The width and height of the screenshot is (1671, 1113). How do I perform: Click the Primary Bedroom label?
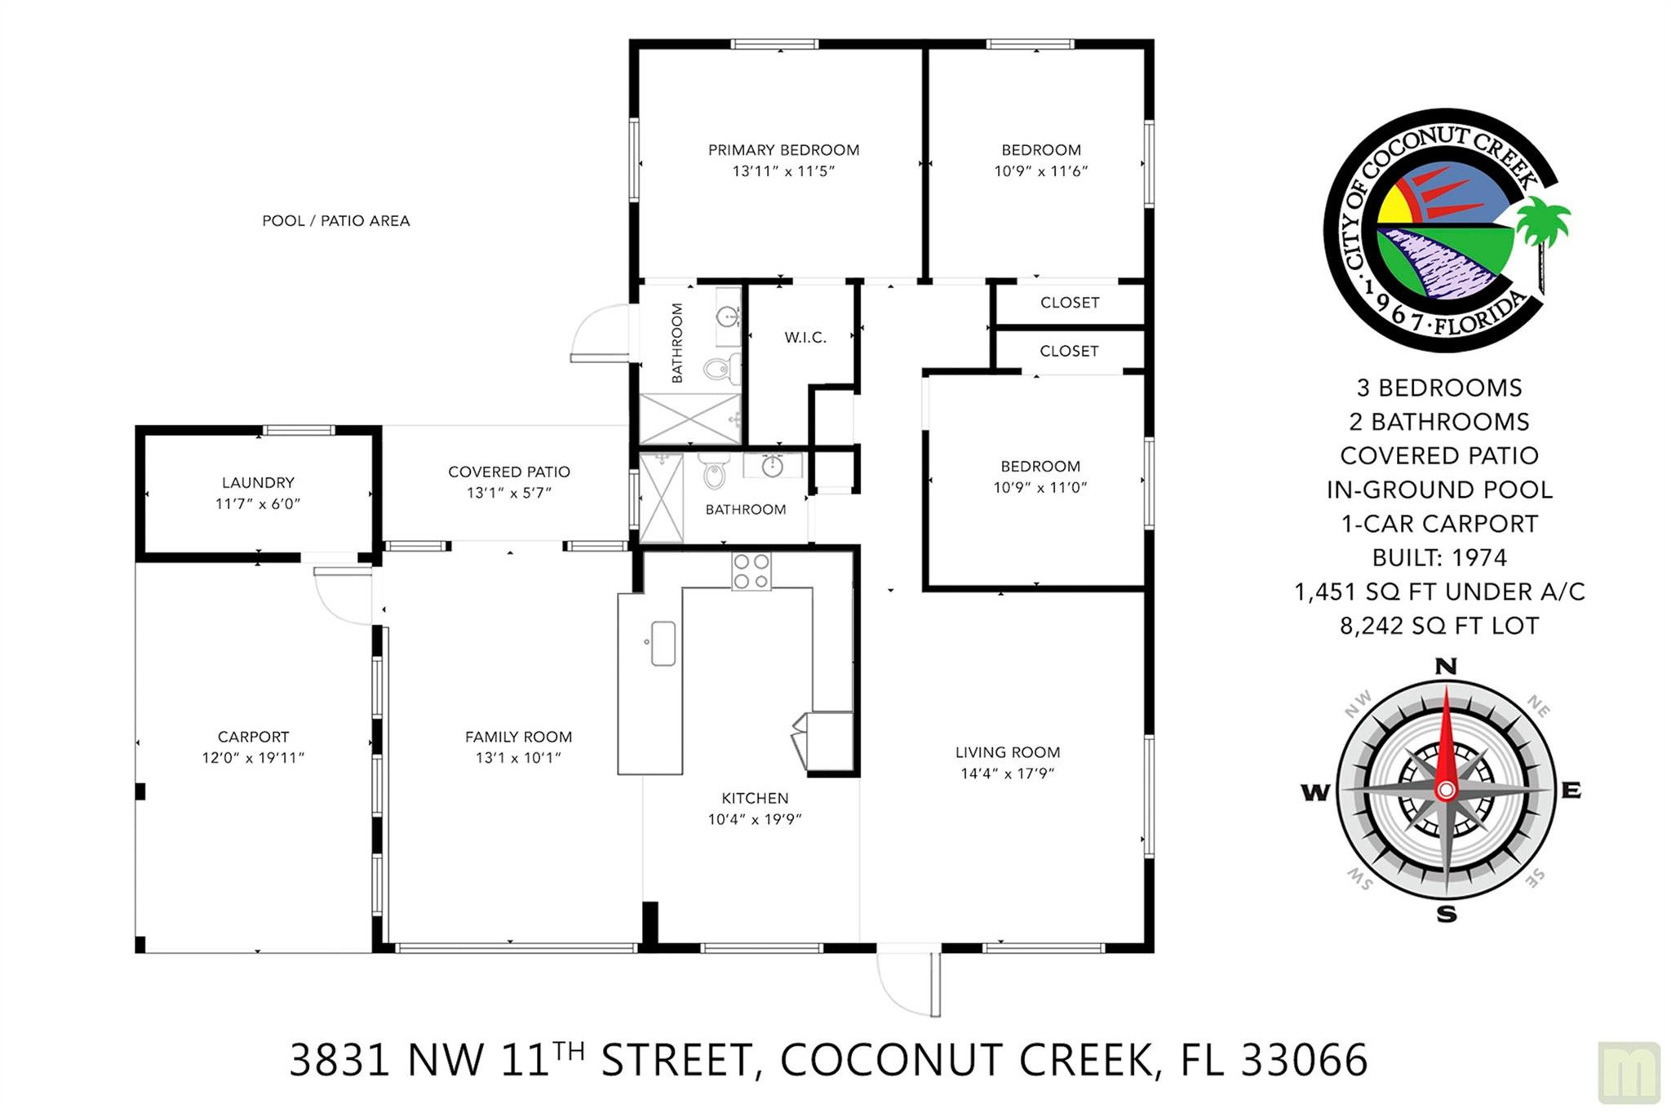tap(783, 150)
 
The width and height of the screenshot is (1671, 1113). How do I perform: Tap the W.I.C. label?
tap(805, 338)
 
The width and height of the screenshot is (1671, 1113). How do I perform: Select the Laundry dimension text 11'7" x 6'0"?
tap(258, 504)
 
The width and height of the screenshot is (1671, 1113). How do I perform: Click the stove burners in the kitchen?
tap(751, 571)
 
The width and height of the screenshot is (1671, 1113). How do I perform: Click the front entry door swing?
tap(907, 983)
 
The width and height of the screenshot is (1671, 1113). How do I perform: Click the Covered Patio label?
tap(508, 472)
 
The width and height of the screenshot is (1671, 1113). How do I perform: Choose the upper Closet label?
tap(1069, 303)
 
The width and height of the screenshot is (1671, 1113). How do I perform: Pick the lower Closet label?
tap(1069, 351)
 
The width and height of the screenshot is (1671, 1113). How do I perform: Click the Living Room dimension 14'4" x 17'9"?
tap(1008, 774)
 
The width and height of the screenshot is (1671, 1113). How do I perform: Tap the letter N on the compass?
tap(1446, 667)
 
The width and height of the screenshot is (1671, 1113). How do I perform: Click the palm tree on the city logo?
tap(1542, 228)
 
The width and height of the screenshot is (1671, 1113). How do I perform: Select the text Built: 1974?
tap(1439, 557)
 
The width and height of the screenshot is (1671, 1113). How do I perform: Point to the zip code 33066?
tap(1304, 1060)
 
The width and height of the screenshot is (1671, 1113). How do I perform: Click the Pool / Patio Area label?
tap(335, 221)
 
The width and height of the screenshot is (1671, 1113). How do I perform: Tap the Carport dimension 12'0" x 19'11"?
tap(253, 758)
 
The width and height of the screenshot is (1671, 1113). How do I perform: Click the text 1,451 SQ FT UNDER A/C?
tap(1439, 592)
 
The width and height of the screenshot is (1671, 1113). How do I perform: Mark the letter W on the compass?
tap(1314, 792)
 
